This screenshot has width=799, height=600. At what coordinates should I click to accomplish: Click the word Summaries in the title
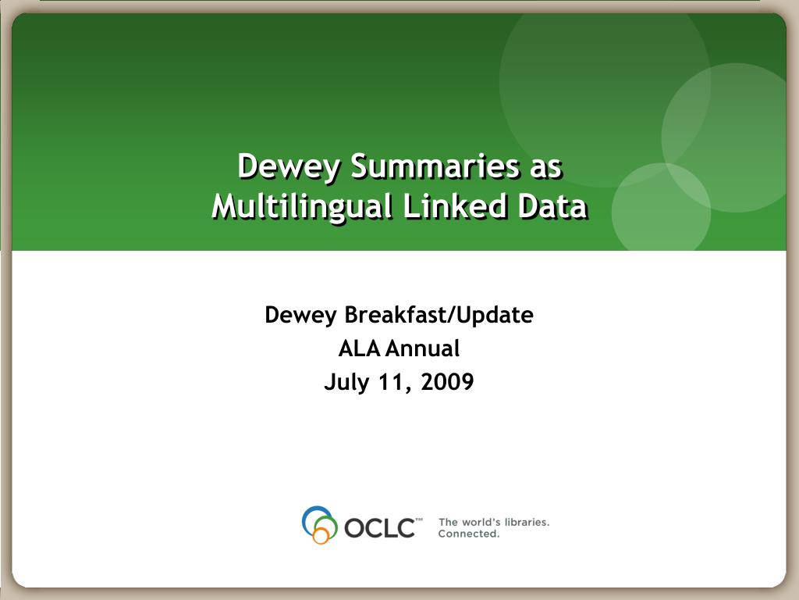pyautogui.click(x=435, y=166)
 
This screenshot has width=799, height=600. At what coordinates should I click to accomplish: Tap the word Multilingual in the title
pyautogui.click(x=302, y=206)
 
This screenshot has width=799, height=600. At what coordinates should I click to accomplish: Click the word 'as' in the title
pyautogui.click(x=545, y=170)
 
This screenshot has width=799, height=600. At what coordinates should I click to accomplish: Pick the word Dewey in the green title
pyautogui.click(x=289, y=167)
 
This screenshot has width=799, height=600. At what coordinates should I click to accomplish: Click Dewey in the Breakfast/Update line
pyautogui.click(x=300, y=316)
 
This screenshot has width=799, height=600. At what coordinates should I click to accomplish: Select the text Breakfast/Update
pyautogui.click(x=439, y=316)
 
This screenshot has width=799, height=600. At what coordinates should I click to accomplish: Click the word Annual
pyautogui.click(x=423, y=349)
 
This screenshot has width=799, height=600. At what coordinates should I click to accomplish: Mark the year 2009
pyautogui.click(x=447, y=382)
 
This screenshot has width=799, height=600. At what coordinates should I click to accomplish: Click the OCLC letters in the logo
pyautogui.click(x=380, y=528)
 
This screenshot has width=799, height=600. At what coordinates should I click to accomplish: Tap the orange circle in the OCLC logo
pyautogui.click(x=321, y=536)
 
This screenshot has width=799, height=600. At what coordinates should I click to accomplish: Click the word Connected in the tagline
pyautogui.click(x=469, y=534)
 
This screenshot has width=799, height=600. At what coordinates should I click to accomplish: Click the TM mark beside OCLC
pyautogui.click(x=419, y=520)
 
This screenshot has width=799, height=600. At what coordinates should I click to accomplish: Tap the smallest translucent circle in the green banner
pyautogui.click(x=661, y=206)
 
